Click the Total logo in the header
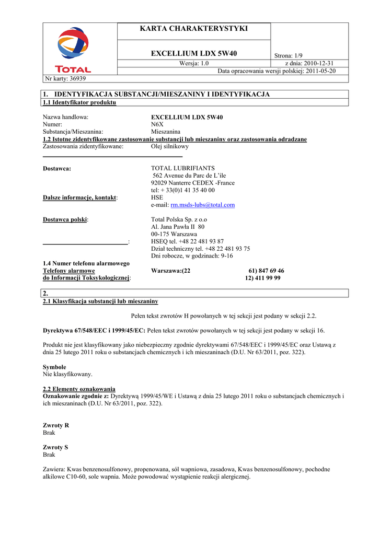[x=73, y=50]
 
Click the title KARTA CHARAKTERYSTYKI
[x=194, y=28]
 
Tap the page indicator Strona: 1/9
[x=289, y=56]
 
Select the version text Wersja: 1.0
[x=194, y=63]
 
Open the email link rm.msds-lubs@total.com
[x=203, y=205]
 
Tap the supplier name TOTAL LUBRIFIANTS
[x=182, y=168]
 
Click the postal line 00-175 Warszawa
[x=174, y=235]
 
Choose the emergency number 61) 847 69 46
[x=267, y=271]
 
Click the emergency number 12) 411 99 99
[x=263, y=278]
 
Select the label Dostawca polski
[x=65, y=220]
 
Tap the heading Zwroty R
[x=56, y=426]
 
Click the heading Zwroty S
[x=55, y=448]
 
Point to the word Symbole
[x=54, y=367]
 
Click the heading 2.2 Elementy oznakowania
[x=79, y=389]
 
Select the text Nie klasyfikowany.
[x=67, y=375]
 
